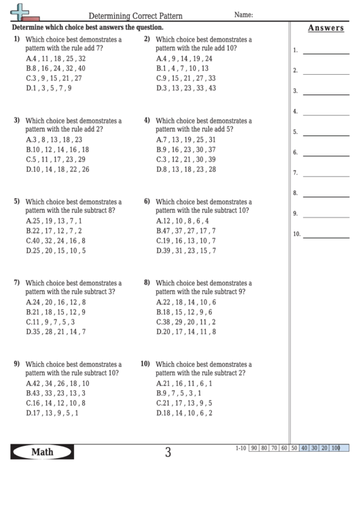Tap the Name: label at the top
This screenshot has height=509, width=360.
(x=244, y=14)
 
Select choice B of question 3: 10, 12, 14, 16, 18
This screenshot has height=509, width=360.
(x=57, y=150)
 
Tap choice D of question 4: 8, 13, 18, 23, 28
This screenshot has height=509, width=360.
(x=185, y=169)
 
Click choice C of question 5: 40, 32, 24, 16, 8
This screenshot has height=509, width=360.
(x=56, y=241)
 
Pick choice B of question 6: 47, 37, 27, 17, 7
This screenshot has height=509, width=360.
(x=185, y=231)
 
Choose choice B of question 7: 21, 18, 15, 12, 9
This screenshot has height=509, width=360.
(x=56, y=312)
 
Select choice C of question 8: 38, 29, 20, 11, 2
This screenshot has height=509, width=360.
(x=185, y=321)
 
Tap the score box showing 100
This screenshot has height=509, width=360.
(x=336, y=448)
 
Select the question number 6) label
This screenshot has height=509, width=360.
(x=147, y=202)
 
